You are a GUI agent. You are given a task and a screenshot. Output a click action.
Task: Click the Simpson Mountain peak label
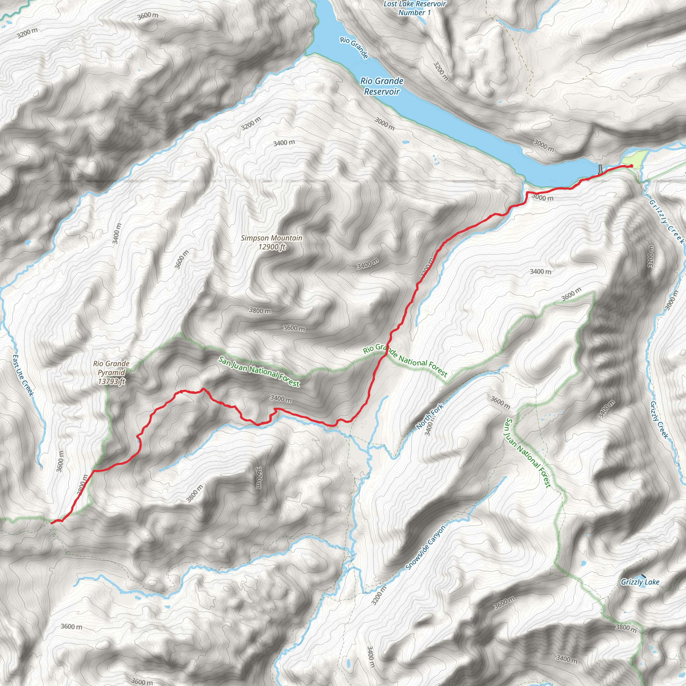click(271, 238)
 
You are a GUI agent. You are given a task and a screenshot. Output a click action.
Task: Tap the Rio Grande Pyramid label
click(111, 368)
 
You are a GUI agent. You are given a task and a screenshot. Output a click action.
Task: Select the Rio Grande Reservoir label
click(382, 86)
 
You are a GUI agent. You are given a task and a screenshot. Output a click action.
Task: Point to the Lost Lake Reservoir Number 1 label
click(414, 8)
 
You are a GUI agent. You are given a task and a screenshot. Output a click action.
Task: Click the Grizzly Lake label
click(640, 582)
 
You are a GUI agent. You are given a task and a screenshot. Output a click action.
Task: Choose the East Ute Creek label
click(23, 375)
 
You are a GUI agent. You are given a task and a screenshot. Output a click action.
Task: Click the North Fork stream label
click(430, 416)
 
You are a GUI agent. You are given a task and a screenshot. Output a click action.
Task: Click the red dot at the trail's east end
click(631, 166)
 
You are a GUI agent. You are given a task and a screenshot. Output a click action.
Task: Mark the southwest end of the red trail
click(52, 523)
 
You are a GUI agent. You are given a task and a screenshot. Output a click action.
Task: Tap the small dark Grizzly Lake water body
click(643, 575)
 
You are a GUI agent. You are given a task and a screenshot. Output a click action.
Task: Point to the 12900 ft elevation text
click(272, 247)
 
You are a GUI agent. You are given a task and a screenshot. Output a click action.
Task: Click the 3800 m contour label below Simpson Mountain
click(260, 311)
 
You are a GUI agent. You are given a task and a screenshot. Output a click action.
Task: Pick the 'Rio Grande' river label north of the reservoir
click(354, 47)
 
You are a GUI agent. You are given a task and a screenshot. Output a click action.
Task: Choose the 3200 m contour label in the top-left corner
click(27, 33)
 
